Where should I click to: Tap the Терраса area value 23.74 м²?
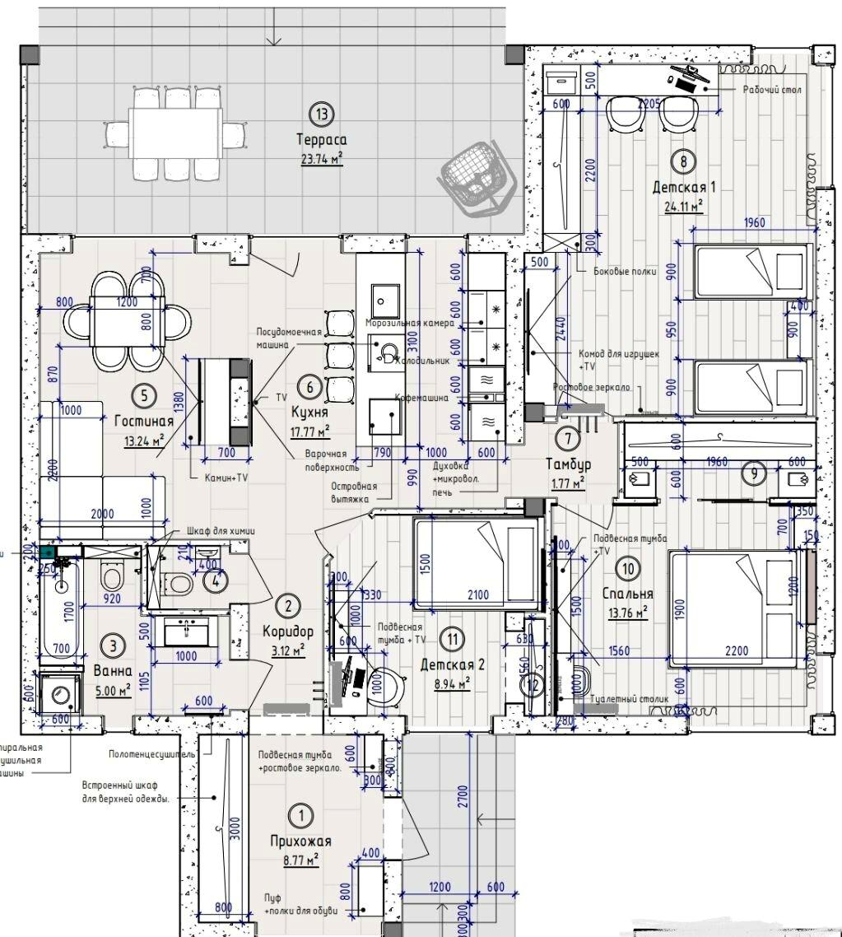[x=322, y=159]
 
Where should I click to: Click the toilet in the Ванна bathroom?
[x=109, y=574]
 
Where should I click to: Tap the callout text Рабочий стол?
[x=770, y=90]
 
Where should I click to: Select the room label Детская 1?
[x=684, y=187]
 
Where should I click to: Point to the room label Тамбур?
[x=568, y=464]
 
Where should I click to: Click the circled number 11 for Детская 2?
[x=450, y=637]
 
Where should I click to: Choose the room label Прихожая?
[x=300, y=841]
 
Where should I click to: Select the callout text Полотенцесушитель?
[x=151, y=754]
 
